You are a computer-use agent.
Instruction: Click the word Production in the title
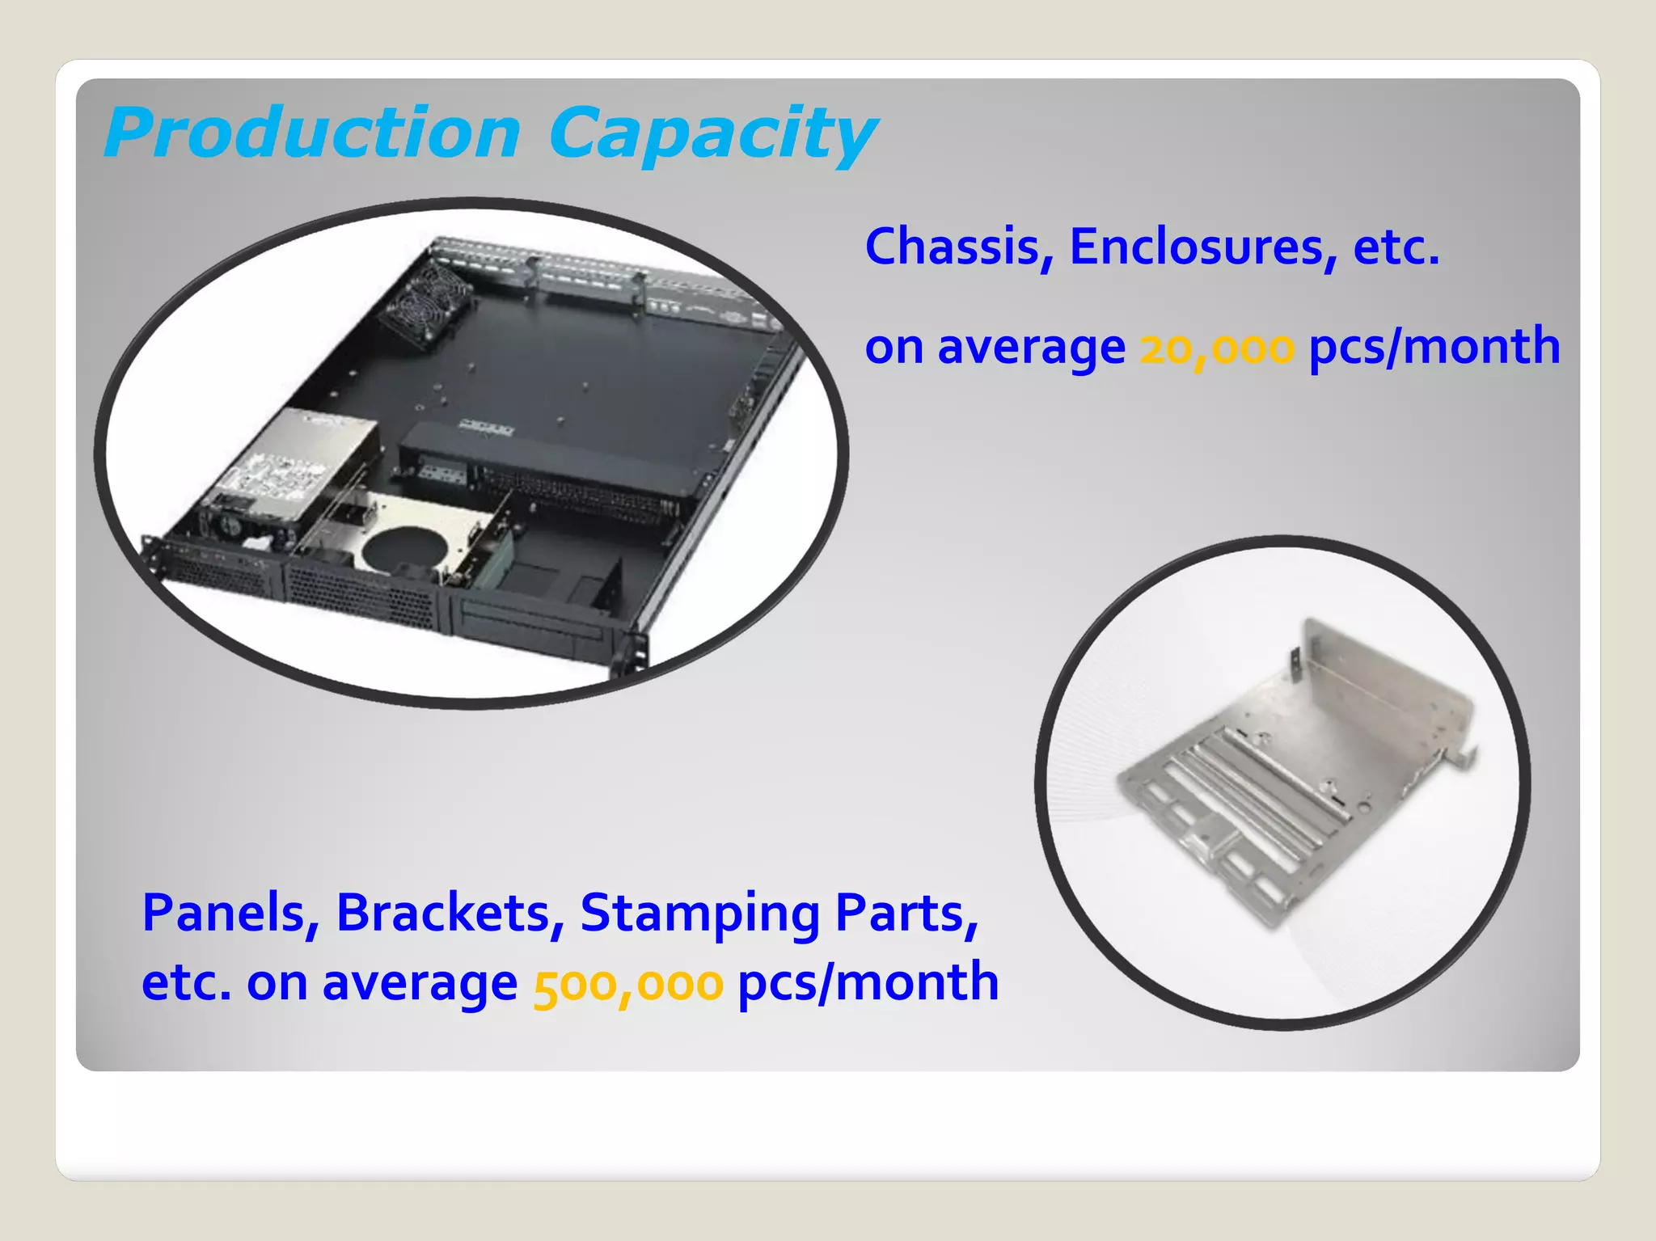[x=313, y=133]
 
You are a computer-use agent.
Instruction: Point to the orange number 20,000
[x=1217, y=348]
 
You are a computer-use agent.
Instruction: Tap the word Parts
[x=906, y=914]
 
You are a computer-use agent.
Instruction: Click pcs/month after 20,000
[x=1434, y=348]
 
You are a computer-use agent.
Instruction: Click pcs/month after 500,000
[x=868, y=984]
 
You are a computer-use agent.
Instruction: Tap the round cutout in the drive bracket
[x=405, y=547]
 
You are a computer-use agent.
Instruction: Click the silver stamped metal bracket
[x=1294, y=776]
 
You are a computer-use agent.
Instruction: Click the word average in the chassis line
[x=1031, y=348]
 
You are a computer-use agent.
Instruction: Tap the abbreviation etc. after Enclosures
[x=1396, y=247]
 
